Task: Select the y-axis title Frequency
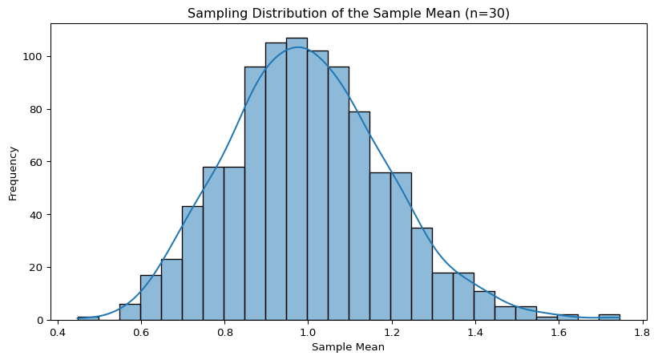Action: pos(13,172)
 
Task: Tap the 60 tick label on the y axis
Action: pos(39,162)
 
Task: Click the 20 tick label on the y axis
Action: pos(39,268)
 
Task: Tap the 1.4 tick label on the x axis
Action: pos(474,330)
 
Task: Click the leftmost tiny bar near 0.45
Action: pos(88,318)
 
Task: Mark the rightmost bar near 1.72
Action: pos(609,318)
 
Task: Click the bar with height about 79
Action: pos(359,216)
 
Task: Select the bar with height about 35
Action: pos(422,273)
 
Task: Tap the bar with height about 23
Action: pos(172,289)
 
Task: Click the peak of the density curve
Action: pos(297,47)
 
